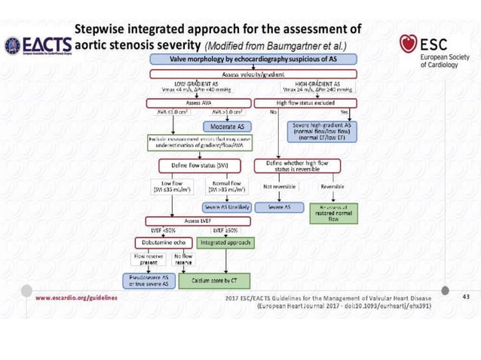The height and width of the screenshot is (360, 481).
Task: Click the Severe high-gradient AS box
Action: point(332,129)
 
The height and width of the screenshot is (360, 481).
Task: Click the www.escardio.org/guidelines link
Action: point(75,297)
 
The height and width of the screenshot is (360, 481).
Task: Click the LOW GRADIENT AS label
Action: point(195,84)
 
